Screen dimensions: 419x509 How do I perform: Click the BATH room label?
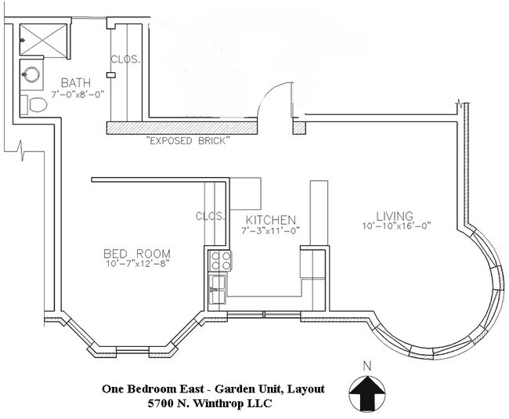[x=76, y=81]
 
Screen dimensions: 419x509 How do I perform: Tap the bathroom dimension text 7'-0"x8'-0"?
[x=77, y=94]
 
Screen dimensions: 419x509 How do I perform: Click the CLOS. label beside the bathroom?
[x=125, y=60]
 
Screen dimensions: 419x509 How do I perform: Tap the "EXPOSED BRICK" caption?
[x=188, y=142]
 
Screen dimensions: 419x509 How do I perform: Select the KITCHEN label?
[x=269, y=219]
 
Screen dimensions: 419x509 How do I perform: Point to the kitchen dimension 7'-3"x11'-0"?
[x=270, y=231]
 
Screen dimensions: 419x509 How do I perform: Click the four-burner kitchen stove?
[x=219, y=261]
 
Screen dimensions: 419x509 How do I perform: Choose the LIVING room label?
[x=394, y=215]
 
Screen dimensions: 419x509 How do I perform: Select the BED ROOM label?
[x=137, y=254]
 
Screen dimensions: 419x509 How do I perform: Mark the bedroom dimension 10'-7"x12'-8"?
[x=137, y=265]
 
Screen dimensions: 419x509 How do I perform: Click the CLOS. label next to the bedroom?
[x=211, y=216]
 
